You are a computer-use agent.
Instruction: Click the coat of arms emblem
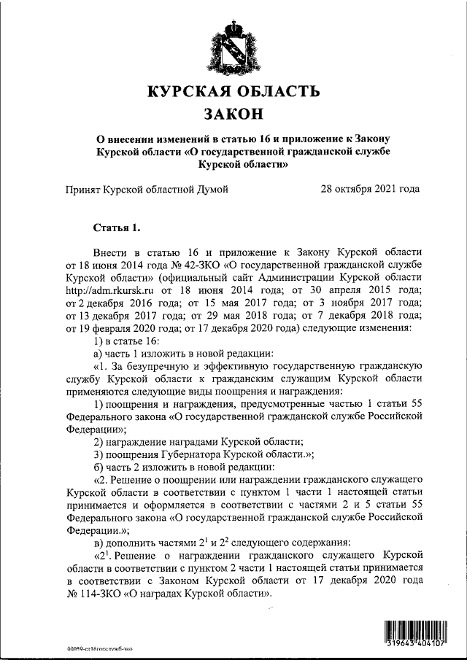click(233, 46)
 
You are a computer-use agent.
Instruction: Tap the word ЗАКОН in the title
click(233, 115)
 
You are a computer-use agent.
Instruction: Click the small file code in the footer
click(99, 648)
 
